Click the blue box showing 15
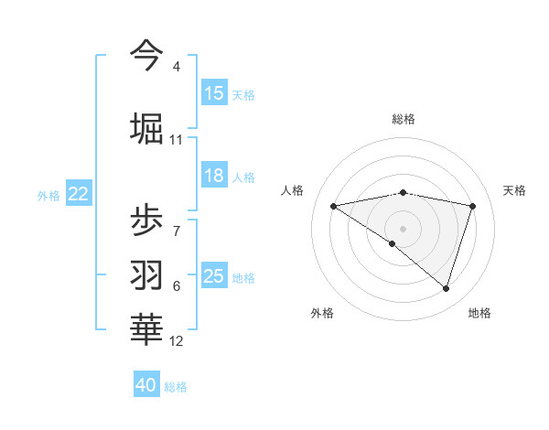214,93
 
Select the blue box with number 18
214,177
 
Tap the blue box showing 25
214,276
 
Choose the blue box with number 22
78,194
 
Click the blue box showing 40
146,385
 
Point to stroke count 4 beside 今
176,67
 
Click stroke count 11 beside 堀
176,140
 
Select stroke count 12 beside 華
176,341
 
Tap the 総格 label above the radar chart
403,119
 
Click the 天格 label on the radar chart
514,190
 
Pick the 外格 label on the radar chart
321,313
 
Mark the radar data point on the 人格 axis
333,206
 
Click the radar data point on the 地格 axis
446,288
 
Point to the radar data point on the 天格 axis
472,206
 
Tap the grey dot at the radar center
403,228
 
